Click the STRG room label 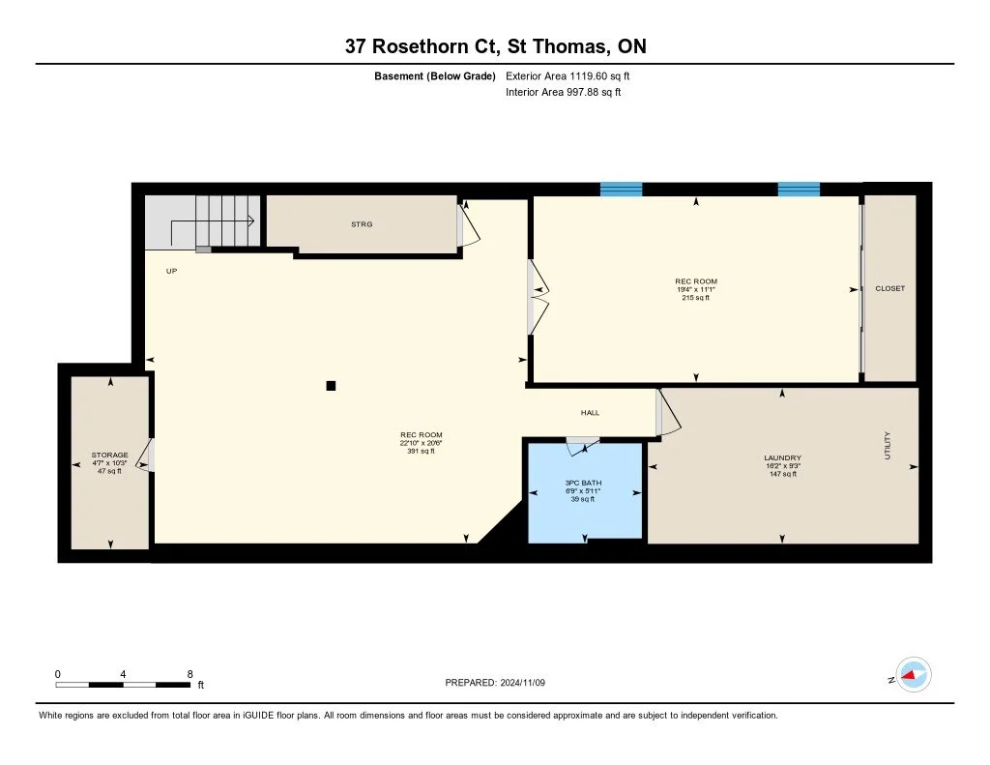pyautogui.click(x=362, y=224)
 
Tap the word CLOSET pyautogui.click(x=889, y=289)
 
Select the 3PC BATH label pyautogui.click(x=583, y=483)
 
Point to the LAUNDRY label pyautogui.click(x=782, y=458)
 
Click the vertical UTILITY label pyautogui.click(x=888, y=445)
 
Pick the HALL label pyautogui.click(x=590, y=413)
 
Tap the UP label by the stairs pyautogui.click(x=171, y=271)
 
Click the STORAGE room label pyautogui.click(x=110, y=455)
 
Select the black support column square pyautogui.click(x=331, y=385)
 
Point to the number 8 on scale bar pyautogui.click(x=190, y=674)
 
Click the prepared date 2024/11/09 pyautogui.click(x=523, y=682)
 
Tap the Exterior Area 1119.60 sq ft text pyautogui.click(x=568, y=75)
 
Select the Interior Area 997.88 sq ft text pyautogui.click(x=564, y=92)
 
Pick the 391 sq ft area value pyautogui.click(x=422, y=451)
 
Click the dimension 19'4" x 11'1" pyautogui.click(x=696, y=289)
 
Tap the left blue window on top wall pyautogui.click(x=621, y=189)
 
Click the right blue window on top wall pyautogui.click(x=799, y=189)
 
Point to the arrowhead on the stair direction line pyautogui.click(x=251, y=221)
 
